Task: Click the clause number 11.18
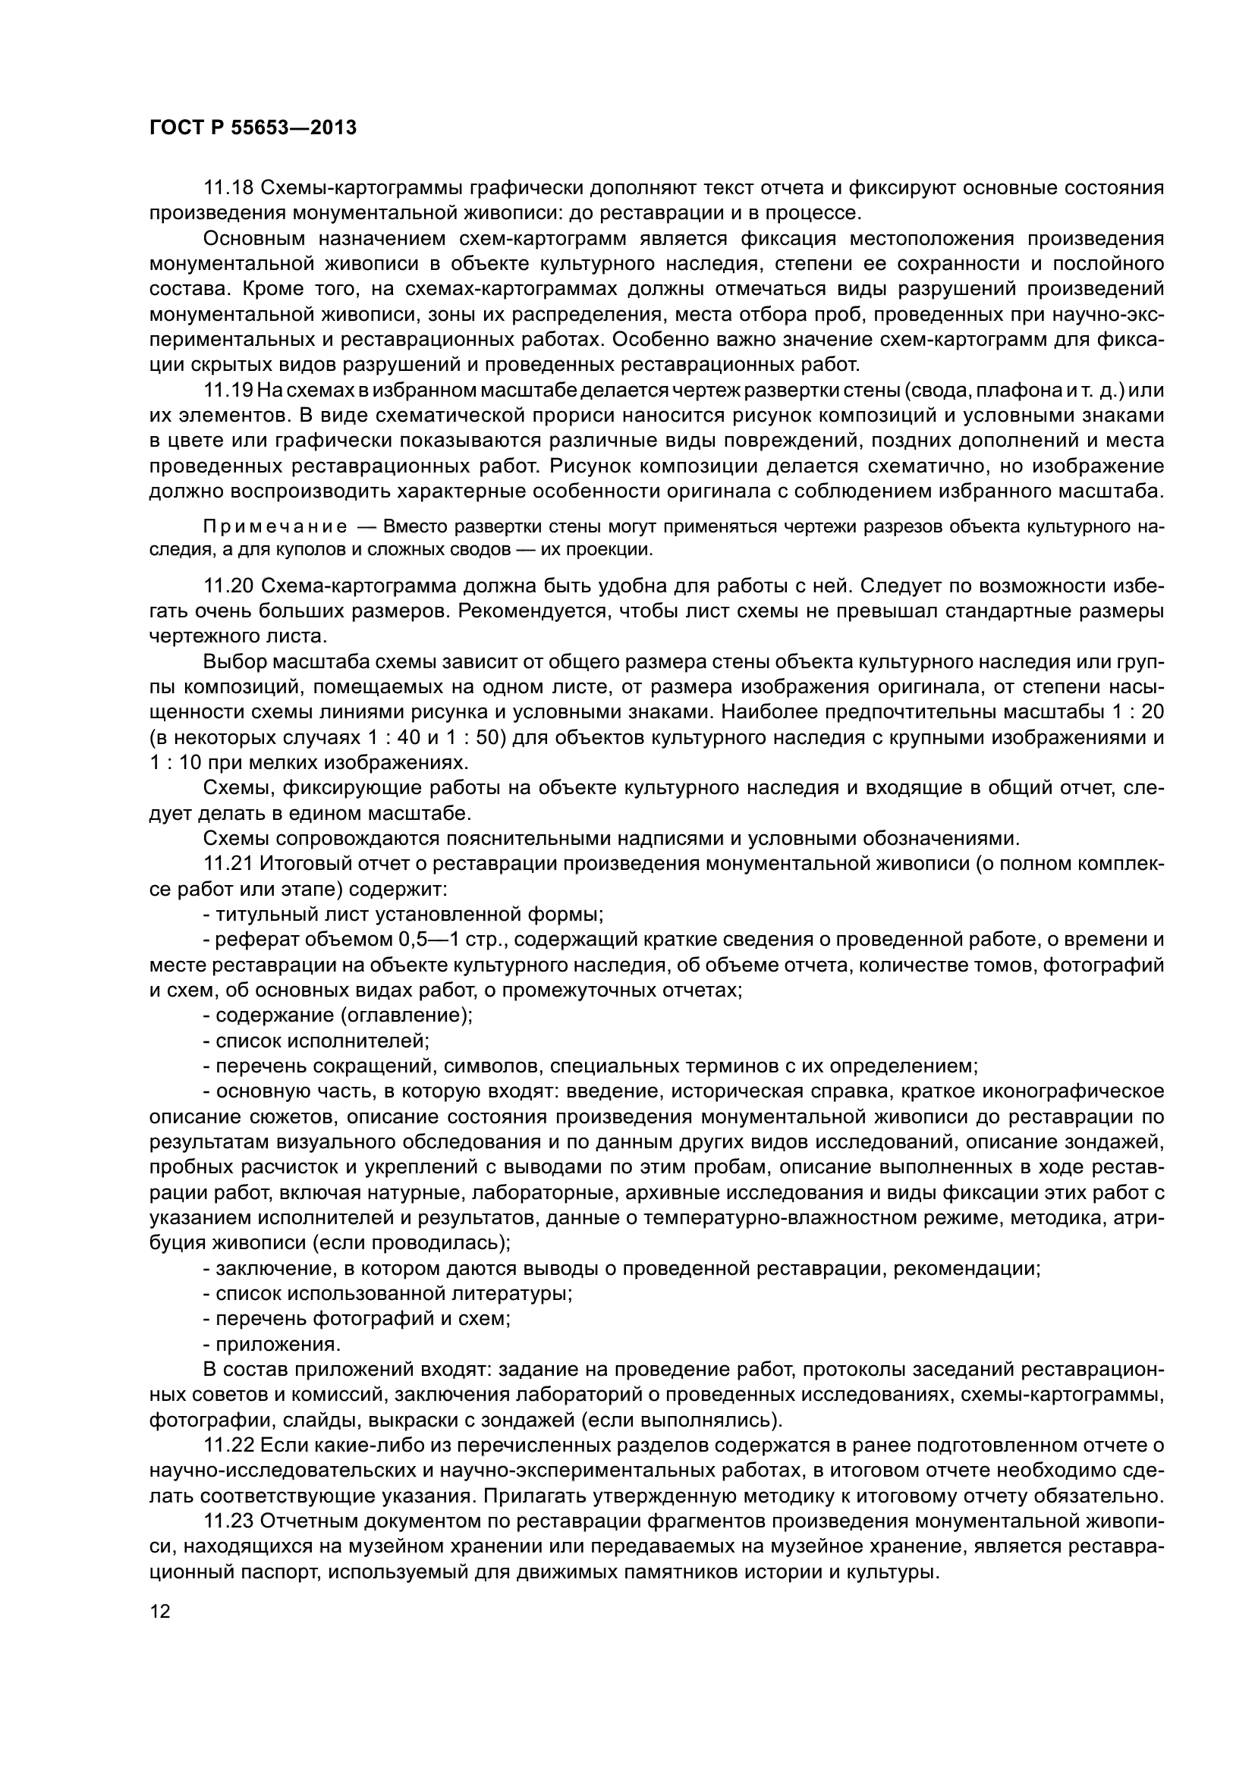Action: point(228,188)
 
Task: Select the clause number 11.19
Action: point(228,391)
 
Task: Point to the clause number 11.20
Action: point(228,586)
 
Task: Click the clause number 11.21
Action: point(228,863)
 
